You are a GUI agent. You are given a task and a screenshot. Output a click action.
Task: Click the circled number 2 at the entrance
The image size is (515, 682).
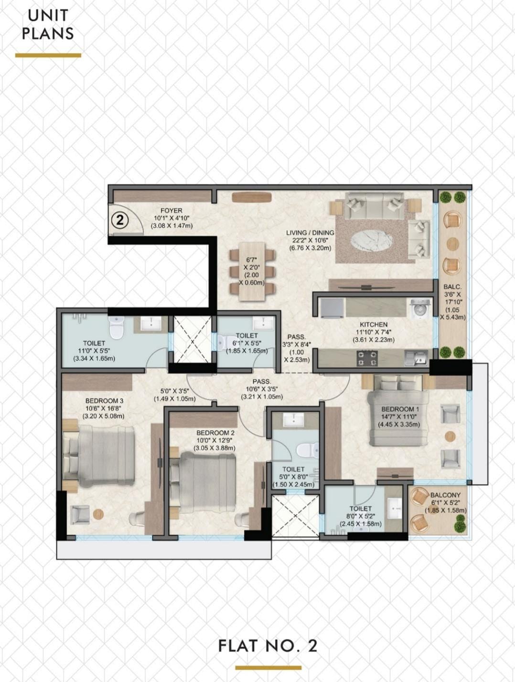click(x=119, y=220)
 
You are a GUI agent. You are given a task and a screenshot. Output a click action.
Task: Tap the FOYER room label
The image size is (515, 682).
click(x=171, y=211)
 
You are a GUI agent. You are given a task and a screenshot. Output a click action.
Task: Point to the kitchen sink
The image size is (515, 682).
click(x=416, y=358)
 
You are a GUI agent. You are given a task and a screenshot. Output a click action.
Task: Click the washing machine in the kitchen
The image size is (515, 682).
click(x=421, y=309)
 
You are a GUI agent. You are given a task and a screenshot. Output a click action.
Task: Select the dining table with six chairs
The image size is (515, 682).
click(x=252, y=271)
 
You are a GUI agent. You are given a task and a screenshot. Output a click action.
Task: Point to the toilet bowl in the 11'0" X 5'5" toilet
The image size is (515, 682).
click(x=117, y=328)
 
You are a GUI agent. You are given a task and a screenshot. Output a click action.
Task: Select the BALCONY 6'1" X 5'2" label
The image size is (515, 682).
click(x=445, y=502)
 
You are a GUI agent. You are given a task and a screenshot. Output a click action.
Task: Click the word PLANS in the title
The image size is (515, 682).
click(x=48, y=33)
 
